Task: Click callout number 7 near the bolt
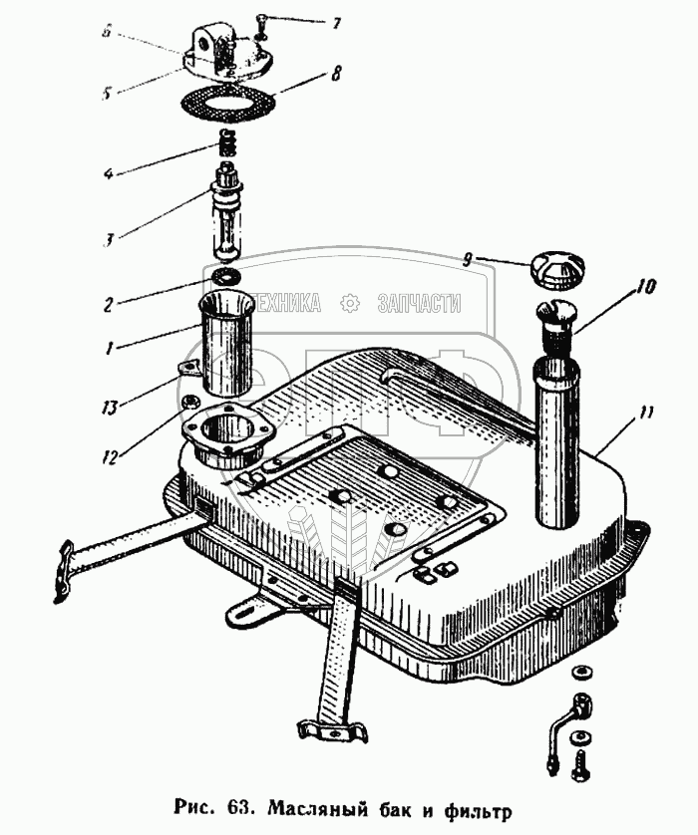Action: tap(337, 22)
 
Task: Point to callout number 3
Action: tap(107, 240)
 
